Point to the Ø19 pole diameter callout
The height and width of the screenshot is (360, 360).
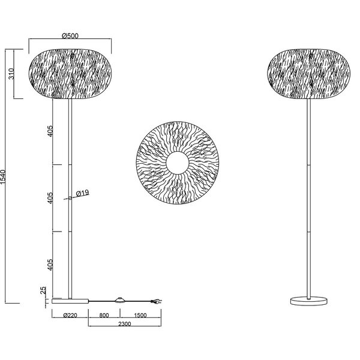point(83,193)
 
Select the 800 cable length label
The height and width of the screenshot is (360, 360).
point(104,314)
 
